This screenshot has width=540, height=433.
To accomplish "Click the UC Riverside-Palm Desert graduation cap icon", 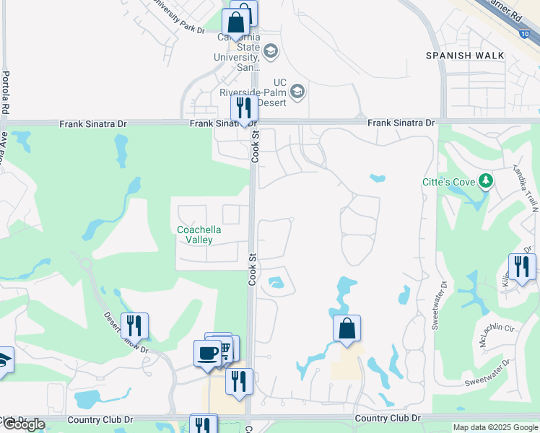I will pyautogui.click(x=297, y=92).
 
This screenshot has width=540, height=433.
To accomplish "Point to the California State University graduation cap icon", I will pyautogui.click(x=271, y=51).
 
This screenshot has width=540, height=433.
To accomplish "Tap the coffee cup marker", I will pyautogui.click(x=207, y=353).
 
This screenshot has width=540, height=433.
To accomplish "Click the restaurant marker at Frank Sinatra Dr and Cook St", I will pyautogui.click(x=244, y=108).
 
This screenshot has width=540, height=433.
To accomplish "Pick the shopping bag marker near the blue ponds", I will pyautogui.click(x=347, y=328).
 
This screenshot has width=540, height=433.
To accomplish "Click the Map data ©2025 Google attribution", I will pyautogui.click(x=495, y=427).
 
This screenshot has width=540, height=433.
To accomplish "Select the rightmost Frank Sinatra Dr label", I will pyautogui.click(x=401, y=123).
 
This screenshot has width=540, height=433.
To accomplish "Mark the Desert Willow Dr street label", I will pyautogui.click(x=124, y=332).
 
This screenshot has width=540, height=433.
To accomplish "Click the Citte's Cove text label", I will pyautogui.click(x=448, y=182).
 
